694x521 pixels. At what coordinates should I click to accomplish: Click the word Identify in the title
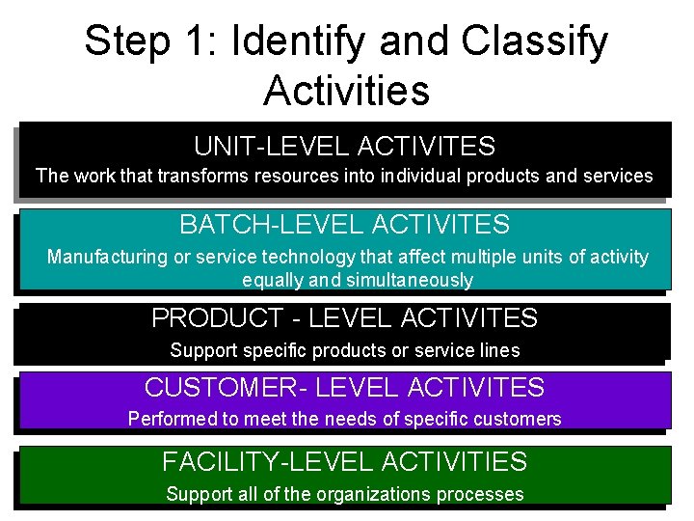pyautogui.click(x=290, y=41)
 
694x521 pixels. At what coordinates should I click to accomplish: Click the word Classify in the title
pyautogui.click(x=536, y=41)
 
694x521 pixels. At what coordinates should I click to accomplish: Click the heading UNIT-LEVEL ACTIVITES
pyautogui.click(x=344, y=147)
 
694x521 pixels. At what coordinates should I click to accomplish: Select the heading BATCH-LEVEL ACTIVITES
pyautogui.click(x=344, y=225)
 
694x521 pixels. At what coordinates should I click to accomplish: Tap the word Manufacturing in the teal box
pyautogui.click(x=105, y=258)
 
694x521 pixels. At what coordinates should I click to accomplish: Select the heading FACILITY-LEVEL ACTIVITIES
pyautogui.click(x=344, y=462)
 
